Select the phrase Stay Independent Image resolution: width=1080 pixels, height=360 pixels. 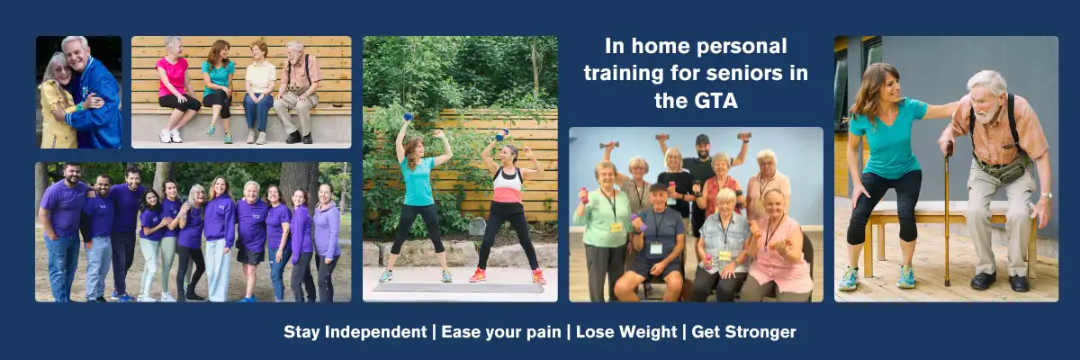tap(355, 332)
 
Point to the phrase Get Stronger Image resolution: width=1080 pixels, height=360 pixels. tap(742, 332)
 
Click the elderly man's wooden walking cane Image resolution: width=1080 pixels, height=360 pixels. tap(946, 216)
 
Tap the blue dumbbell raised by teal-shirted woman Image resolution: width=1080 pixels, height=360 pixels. tap(407, 116)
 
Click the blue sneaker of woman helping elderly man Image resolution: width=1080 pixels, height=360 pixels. tap(848, 279)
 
